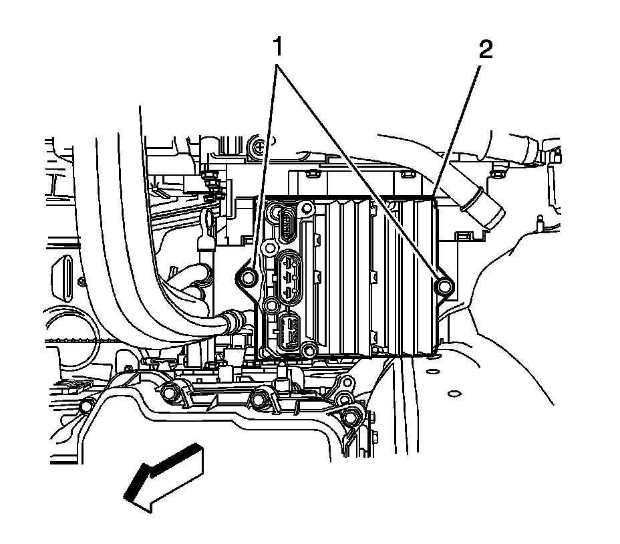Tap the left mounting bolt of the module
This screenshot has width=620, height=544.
(249, 277)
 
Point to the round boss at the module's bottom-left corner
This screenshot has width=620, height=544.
(308, 350)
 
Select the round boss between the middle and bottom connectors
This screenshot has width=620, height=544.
(271, 306)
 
